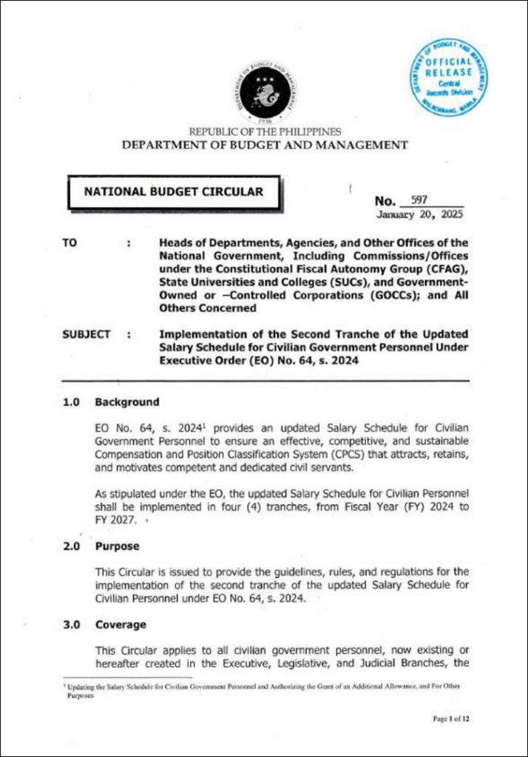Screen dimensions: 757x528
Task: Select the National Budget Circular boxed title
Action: [x=173, y=192]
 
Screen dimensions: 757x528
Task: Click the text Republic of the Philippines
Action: [x=264, y=132]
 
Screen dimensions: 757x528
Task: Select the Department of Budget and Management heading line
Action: [x=264, y=145]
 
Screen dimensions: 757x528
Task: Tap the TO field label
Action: [x=70, y=242]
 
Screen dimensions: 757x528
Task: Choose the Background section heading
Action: [x=126, y=402]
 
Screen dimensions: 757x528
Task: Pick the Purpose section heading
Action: [x=121, y=547]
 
